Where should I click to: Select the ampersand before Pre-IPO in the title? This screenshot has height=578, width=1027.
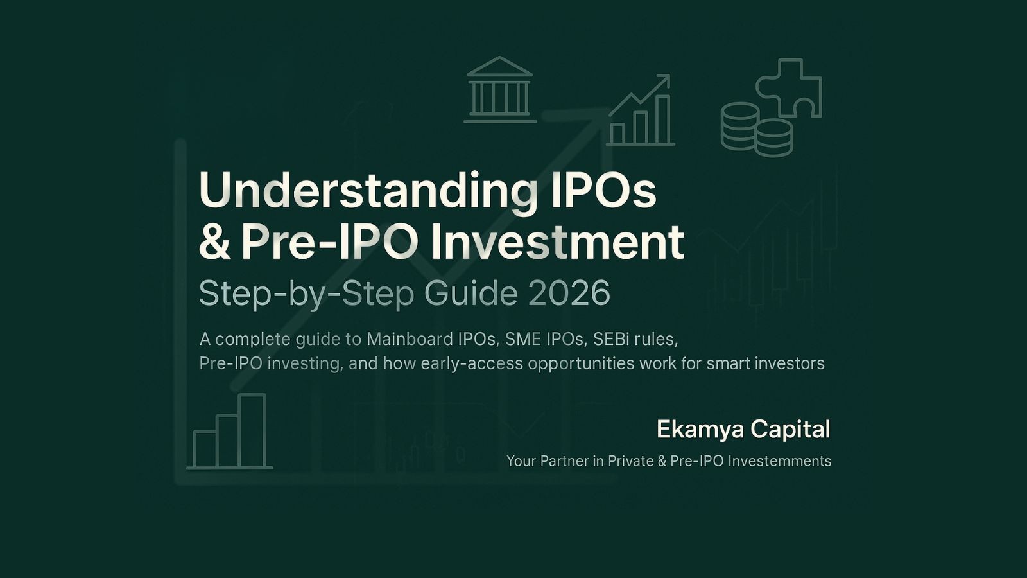[x=214, y=242]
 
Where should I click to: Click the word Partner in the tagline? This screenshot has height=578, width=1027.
[x=565, y=461]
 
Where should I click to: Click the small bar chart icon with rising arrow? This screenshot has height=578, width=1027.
[x=639, y=112]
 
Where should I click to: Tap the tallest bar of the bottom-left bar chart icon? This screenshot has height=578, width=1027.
[x=252, y=430]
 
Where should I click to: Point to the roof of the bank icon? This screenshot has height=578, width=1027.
[x=499, y=67]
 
